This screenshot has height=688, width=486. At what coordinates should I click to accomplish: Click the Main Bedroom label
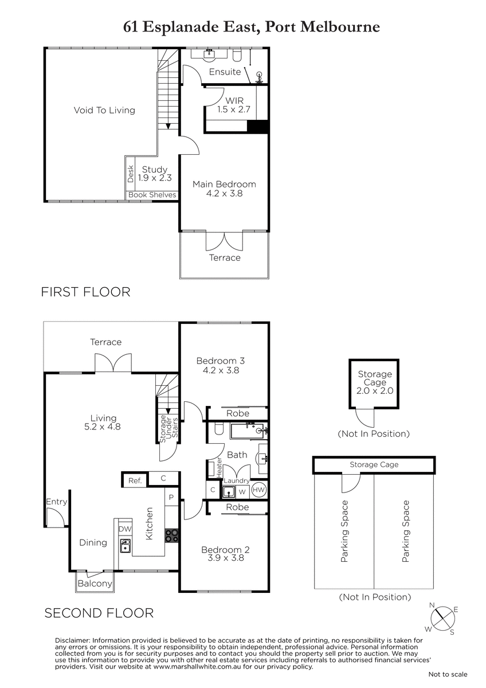pyautogui.click(x=224, y=184)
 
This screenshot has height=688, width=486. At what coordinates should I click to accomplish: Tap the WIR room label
pyautogui.click(x=234, y=100)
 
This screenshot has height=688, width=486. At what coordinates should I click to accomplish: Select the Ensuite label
pyautogui.click(x=225, y=72)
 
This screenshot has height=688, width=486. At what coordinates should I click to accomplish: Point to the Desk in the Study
pyautogui.click(x=131, y=174)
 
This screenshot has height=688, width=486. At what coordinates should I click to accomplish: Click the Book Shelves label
pyautogui.click(x=152, y=195)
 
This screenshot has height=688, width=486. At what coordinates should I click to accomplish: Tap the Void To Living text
pyautogui.click(x=104, y=110)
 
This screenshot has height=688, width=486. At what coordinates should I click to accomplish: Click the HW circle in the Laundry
pyautogui.click(x=258, y=490)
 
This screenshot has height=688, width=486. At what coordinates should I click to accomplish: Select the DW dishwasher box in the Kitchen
pyautogui.click(x=125, y=529)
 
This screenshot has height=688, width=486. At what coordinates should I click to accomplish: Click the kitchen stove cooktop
pyautogui.click(x=171, y=535)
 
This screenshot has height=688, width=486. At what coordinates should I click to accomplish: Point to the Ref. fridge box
pyautogui.click(x=135, y=480)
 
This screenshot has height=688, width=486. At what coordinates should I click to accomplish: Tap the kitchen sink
pyautogui.click(x=126, y=546)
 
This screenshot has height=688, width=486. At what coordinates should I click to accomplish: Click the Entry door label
pyautogui.click(x=57, y=502)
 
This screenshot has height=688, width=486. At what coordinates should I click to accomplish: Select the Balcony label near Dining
pyautogui.click(x=95, y=583)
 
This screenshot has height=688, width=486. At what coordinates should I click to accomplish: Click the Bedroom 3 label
pyautogui.click(x=221, y=361)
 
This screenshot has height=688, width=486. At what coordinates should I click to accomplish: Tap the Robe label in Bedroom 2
pyautogui.click(x=237, y=507)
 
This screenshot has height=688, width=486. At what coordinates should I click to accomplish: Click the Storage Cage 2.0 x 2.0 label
pyautogui.click(x=375, y=382)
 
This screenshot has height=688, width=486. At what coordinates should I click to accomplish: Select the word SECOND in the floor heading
pyautogui.click(x=75, y=613)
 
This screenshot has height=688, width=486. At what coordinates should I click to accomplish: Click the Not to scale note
pyautogui.click(x=448, y=674)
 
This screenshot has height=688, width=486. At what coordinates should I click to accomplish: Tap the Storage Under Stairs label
pyautogui.click(x=168, y=429)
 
